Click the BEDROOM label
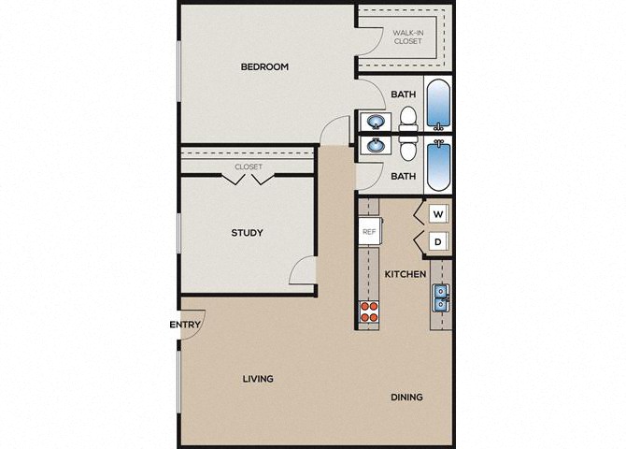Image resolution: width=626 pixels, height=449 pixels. pos(264,66)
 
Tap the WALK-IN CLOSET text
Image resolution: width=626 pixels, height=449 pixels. pos(407,37)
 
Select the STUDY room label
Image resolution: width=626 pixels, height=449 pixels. pos(247,233)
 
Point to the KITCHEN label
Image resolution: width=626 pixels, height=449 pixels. pos(405,274)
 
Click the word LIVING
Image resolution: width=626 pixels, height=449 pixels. pos(258,379)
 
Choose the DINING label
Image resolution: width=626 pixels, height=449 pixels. pos(406,397)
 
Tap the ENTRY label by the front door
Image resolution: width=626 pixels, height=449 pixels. pos(185,325)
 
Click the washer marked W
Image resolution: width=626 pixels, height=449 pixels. pos(438,214)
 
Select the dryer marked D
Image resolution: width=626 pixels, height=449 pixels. pos(438,242)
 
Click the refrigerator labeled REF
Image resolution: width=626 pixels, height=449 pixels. pos(370,231)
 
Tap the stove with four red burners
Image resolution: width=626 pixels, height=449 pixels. pos(369,311)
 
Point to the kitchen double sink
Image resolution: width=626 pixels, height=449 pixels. pos(441,297)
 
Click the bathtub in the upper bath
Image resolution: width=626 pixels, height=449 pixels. pos(438,103)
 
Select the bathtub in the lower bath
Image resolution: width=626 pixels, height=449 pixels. pos(438,167)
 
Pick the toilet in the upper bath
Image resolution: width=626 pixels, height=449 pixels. pos(408,119)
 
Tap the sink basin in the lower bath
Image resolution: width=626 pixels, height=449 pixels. pos(376,144)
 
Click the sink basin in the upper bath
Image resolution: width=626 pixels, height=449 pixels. pos(376,122)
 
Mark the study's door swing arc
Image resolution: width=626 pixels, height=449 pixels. pos(298,266)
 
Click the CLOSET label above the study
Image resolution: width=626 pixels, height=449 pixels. pos(249,167)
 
